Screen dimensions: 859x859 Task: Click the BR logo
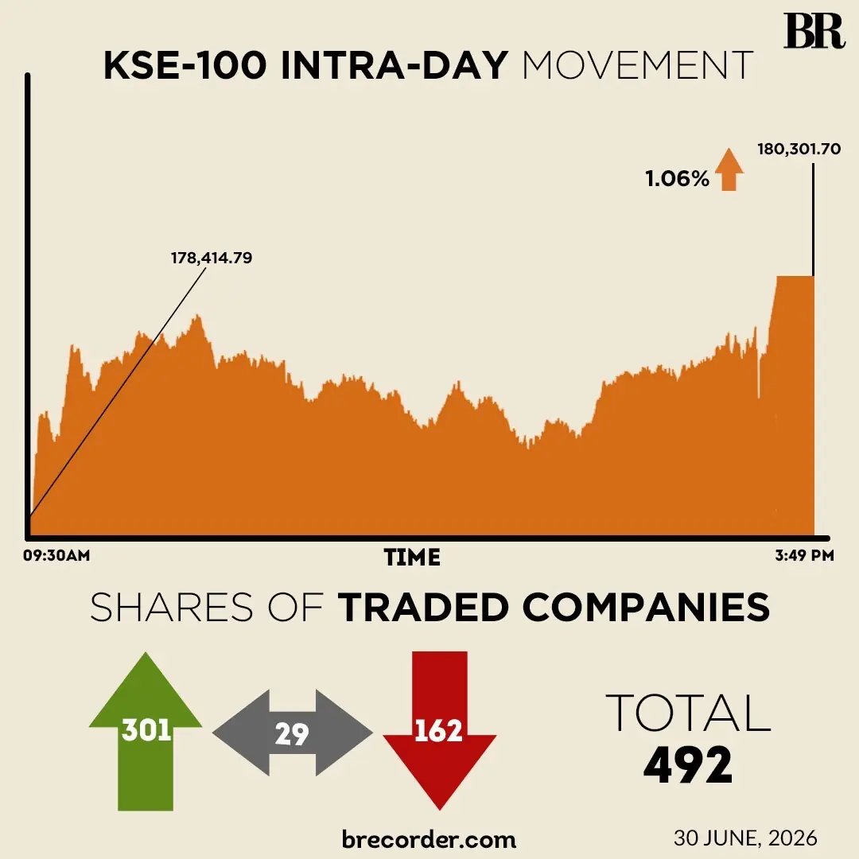(814, 31)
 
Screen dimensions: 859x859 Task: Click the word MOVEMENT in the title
(638, 65)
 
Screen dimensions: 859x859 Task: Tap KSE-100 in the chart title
(185, 65)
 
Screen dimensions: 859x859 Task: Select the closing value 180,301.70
(799, 149)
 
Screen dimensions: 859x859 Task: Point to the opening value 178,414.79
(212, 258)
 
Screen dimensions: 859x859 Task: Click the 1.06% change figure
(677, 179)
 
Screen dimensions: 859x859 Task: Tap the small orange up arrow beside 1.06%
(729, 169)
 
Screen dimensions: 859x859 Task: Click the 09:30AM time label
(56, 555)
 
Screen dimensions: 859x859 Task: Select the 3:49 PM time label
(804, 555)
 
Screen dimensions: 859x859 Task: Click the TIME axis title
(412, 558)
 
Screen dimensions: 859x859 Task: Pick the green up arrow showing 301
(146, 731)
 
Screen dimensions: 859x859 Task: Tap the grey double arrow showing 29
(293, 733)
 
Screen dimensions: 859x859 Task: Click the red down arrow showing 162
(439, 731)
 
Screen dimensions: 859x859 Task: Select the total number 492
(688, 765)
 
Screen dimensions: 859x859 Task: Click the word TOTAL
(689, 713)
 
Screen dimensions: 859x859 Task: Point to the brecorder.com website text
(429, 839)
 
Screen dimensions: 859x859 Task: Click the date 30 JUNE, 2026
(745, 838)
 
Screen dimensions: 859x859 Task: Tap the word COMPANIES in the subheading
(647, 607)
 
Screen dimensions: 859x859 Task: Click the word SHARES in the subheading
(172, 607)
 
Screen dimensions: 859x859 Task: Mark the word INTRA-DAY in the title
(395, 65)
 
